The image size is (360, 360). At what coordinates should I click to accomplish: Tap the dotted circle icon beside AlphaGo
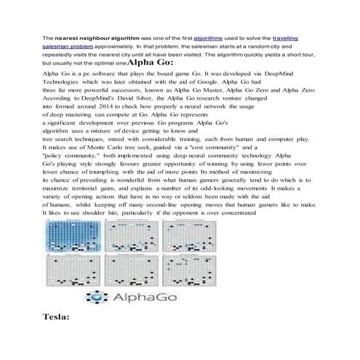[97, 297]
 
